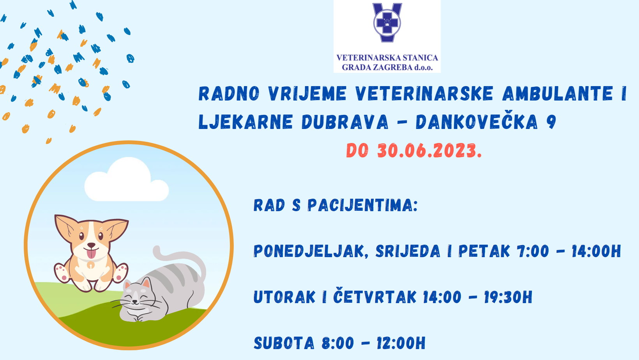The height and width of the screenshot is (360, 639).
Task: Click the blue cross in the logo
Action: pyautogui.click(x=387, y=23)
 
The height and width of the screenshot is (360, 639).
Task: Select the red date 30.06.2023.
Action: pyautogui.click(x=429, y=150)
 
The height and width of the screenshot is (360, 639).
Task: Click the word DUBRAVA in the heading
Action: pyautogui.click(x=345, y=122)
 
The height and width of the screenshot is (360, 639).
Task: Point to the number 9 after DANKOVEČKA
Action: pyautogui.click(x=551, y=122)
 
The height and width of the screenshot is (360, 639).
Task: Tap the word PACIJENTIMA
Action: pyautogui.click(x=363, y=205)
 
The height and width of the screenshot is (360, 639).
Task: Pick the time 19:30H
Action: pyautogui.click(x=508, y=297)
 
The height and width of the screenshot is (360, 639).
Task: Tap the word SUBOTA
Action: pyautogui.click(x=284, y=343)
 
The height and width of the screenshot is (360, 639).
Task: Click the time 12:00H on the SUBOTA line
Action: pyautogui.click(x=401, y=343)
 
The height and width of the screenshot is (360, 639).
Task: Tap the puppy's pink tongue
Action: pyautogui.click(x=91, y=253)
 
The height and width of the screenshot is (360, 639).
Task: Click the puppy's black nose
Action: pyautogui.click(x=91, y=245)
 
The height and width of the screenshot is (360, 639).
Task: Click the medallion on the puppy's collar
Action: pyautogui.click(x=91, y=265)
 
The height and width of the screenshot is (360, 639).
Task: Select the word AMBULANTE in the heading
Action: pyautogui.click(x=558, y=94)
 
